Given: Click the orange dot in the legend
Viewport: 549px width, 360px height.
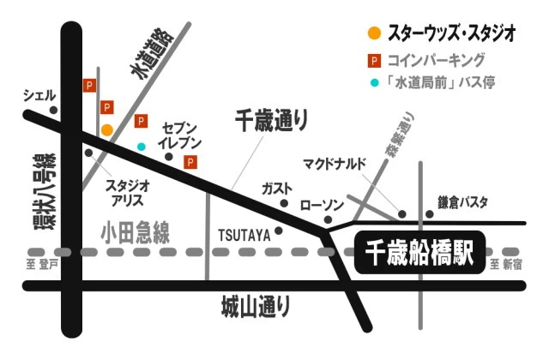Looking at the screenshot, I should pos(373,34).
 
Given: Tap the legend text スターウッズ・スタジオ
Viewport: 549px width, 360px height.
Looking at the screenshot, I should pos(450,34).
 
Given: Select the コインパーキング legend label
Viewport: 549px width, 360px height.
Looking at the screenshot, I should pos(436,60).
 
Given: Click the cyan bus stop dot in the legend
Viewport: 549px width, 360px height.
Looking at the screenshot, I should pos(373,83).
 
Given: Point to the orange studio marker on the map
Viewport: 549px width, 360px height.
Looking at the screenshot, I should pos(106,129).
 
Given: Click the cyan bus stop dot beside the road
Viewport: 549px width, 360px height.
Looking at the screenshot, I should pos(142,147).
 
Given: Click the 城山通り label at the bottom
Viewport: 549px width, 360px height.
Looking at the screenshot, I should pos(255,305).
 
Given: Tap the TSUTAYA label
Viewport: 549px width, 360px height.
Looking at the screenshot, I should pos(244,233).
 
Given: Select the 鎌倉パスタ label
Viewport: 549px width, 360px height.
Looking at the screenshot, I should pos(462,202).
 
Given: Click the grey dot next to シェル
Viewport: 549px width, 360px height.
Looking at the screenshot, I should pos(53,110).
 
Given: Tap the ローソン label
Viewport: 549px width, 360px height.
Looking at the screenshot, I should pos(322,206).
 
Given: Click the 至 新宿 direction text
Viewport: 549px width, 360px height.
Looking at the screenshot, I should pos(505,265).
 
